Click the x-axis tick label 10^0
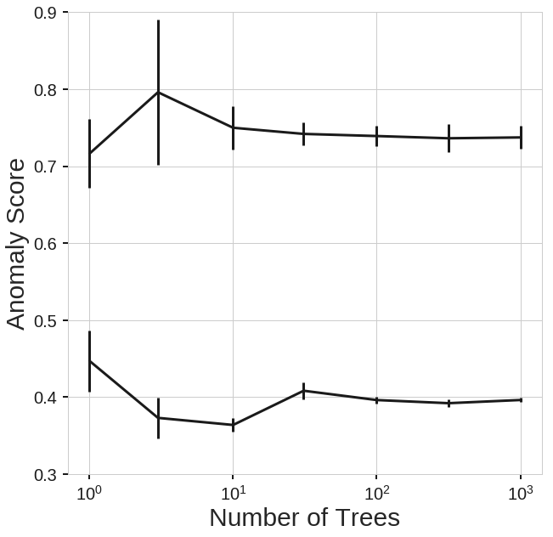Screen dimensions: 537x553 click(88, 494)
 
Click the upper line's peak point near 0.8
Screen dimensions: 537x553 click(158, 92)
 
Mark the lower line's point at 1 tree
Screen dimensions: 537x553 click(89, 361)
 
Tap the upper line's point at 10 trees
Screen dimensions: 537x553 click(233, 127)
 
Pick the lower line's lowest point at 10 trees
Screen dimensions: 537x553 click(233, 425)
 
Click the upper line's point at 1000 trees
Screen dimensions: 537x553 click(520, 137)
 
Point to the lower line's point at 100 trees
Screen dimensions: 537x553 click(376, 400)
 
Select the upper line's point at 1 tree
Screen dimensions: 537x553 click(89, 153)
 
